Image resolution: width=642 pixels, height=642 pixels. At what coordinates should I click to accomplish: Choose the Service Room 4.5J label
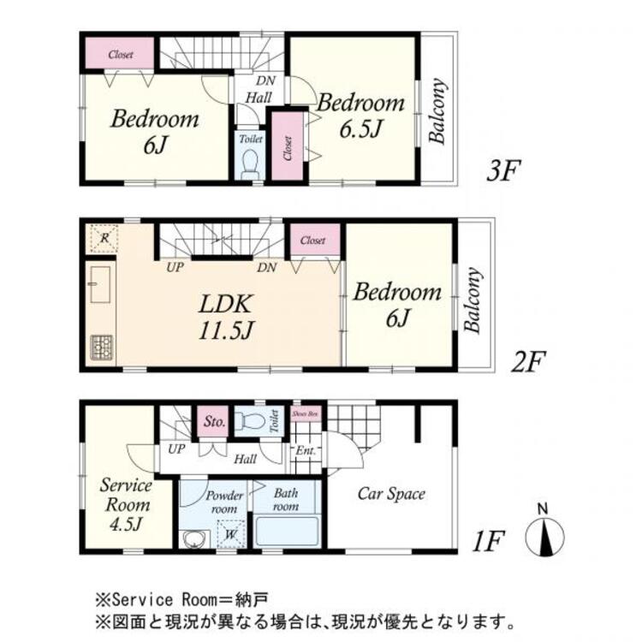pyautogui.click(x=126, y=505)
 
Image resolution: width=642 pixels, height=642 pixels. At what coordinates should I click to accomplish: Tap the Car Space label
pyautogui.click(x=390, y=494)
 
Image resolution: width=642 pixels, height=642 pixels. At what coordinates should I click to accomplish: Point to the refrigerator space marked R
pyautogui.click(x=102, y=237)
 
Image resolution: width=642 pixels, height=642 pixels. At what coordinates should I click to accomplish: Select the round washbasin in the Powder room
pyautogui.click(x=193, y=539)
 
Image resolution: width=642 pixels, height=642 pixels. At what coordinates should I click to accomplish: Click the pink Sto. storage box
pyautogui.click(x=214, y=421)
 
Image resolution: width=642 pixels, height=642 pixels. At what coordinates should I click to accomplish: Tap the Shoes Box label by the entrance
pyautogui.click(x=306, y=413)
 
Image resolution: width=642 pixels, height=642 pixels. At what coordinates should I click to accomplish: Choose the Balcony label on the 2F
pyautogui.click(x=473, y=300)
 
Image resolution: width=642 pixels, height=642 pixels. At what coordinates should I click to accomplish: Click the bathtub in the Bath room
pyautogui.click(x=287, y=533)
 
